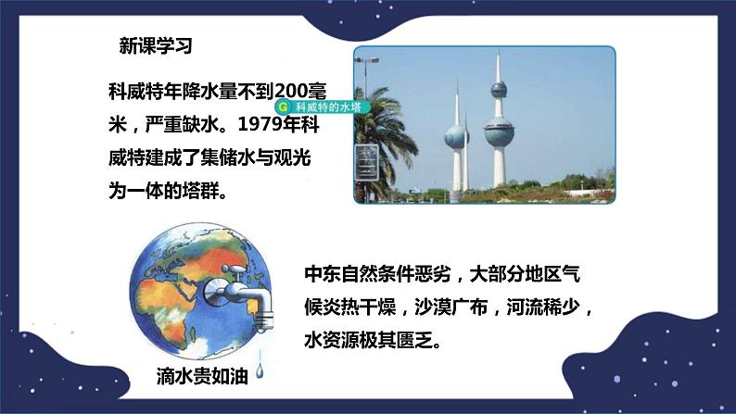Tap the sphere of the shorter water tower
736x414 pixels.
(455, 135)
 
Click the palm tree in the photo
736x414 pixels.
(368, 148)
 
